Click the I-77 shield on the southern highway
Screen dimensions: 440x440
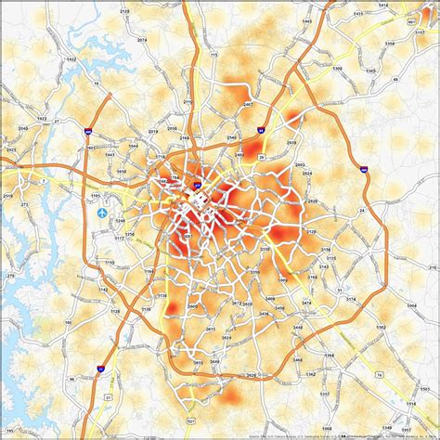point(101,369)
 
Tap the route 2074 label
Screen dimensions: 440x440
point(141,42)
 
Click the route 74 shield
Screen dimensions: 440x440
point(379,372)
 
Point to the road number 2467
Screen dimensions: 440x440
point(247,105)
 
